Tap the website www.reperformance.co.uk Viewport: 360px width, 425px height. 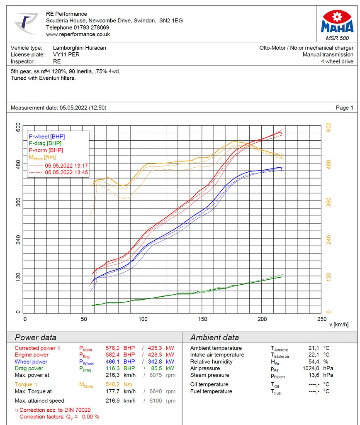click(x=78, y=34)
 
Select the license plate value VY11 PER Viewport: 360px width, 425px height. click(x=66, y=54)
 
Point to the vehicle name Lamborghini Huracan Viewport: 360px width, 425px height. click(x=79, y=48)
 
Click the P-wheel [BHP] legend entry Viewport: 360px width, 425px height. click(x=46, y=137)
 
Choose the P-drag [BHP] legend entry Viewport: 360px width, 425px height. click(x=45, y=143)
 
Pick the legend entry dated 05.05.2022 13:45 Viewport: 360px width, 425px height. click(x=66, y=172)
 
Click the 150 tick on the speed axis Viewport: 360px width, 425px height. click(x=202, y=319)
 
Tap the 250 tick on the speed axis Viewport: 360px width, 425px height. click(x=321, y=319)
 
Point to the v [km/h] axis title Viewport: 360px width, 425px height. click(x=339, y=325)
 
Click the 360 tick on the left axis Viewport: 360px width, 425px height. click(x=18, y=202)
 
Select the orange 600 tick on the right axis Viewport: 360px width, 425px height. click(x=328, y=127)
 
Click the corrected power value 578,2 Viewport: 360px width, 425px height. click(x=113, y=348)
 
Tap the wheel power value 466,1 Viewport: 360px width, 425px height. click(x=113, y=361)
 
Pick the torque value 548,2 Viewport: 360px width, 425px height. click(x=113, y=384)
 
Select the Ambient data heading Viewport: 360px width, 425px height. click(x=214, y=337)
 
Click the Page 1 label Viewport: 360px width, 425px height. click(x=344, y=107)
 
